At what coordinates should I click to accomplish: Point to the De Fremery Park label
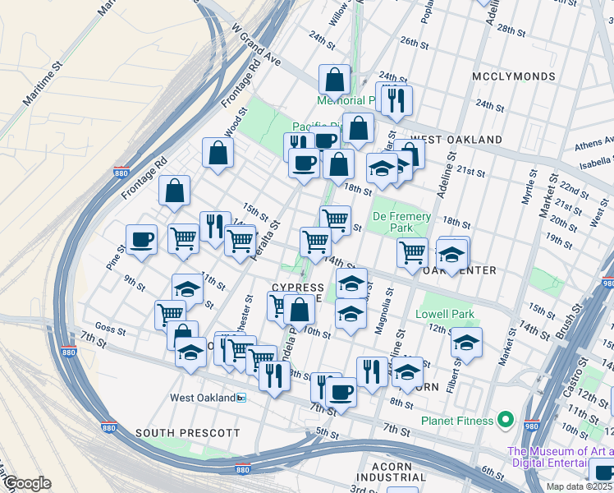click(x=402, y=223)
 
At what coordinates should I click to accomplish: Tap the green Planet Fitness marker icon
click(x=506, y=421)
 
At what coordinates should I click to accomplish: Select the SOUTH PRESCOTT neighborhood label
click(x=187, y=432)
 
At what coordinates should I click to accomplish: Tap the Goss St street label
click(x=110, y=332)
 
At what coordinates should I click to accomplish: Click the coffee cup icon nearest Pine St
click(x=141, y=239)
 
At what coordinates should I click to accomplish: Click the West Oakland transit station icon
click(x=241, y=398)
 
